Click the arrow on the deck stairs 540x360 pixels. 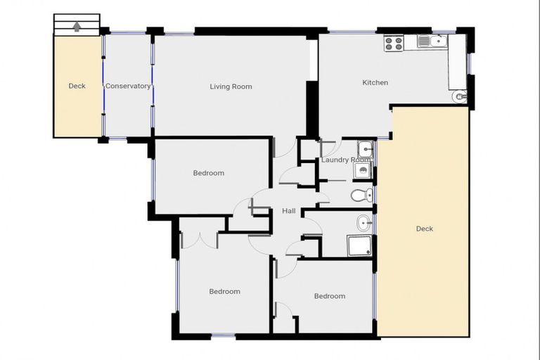[77, 27]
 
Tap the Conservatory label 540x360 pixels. [128, 86]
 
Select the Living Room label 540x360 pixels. [231, 87]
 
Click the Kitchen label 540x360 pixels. [375, 83]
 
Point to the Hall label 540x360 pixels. [288, 211]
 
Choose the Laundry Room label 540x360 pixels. [345, 160]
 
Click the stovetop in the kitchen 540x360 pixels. [394, 44]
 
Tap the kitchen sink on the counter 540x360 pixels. [428, 41]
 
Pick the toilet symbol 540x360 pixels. [359, 195]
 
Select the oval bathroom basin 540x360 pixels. [364, 223]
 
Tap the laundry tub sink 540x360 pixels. [365, 149]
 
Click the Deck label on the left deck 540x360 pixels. [77, 86]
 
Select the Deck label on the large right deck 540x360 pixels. [424, 229]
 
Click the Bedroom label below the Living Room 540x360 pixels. [209, 173]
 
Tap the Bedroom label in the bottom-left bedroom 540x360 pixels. [224, 291]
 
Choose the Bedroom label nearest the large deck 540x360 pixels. [329, 296]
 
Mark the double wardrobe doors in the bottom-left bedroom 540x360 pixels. [200, 239]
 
